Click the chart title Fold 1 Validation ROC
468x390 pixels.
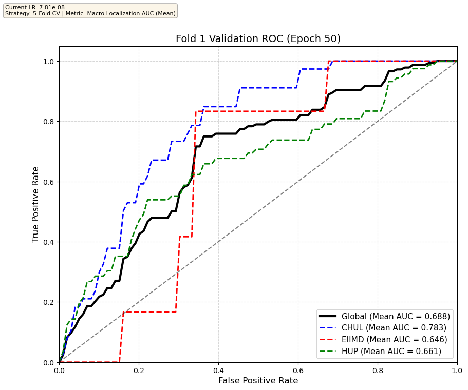pos(258,39)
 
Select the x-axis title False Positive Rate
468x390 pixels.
pos(258,381)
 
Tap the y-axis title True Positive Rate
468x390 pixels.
pos(36,204)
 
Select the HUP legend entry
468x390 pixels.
pos(391,351)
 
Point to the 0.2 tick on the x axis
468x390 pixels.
pos(139,369)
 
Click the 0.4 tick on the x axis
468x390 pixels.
pos(218,369)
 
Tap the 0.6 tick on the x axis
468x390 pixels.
pos(298,369)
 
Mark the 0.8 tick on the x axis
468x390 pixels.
pos(378,369)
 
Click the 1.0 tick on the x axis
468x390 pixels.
pos(457,369)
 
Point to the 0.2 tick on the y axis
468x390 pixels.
pos(49,302)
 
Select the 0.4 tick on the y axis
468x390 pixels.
pos(49,242)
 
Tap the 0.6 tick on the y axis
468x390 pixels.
pos(49,182)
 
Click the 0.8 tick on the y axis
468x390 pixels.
pos(49,122)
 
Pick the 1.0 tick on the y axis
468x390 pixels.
pos(49,61)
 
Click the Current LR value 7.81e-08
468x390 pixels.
pos(43,7)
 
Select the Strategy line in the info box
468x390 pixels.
pos(90,13)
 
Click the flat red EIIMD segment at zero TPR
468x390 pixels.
pos(90,362)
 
